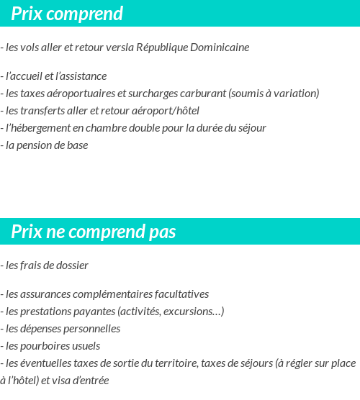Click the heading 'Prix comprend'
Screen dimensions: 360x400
[x=67, y=14]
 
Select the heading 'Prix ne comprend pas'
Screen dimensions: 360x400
[x=94, y=232]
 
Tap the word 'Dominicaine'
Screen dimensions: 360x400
[x=220, y=47]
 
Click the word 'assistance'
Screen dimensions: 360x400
[x=83, y=76]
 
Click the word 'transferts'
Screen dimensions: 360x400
[x=41, y=111]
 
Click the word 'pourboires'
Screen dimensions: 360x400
[x=46, y=346]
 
